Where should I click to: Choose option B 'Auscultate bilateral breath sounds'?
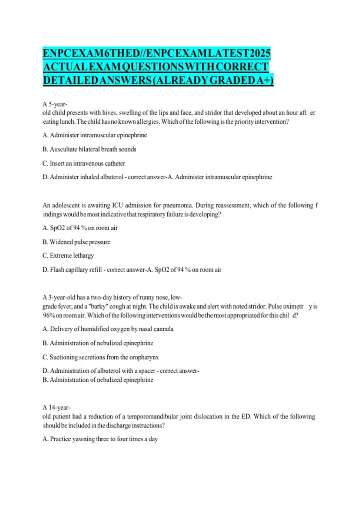89,149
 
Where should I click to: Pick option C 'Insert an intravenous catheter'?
84,163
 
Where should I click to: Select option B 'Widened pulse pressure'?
76,242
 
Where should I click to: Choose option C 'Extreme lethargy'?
68,256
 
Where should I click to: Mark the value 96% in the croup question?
49,316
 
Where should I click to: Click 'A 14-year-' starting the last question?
56,408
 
